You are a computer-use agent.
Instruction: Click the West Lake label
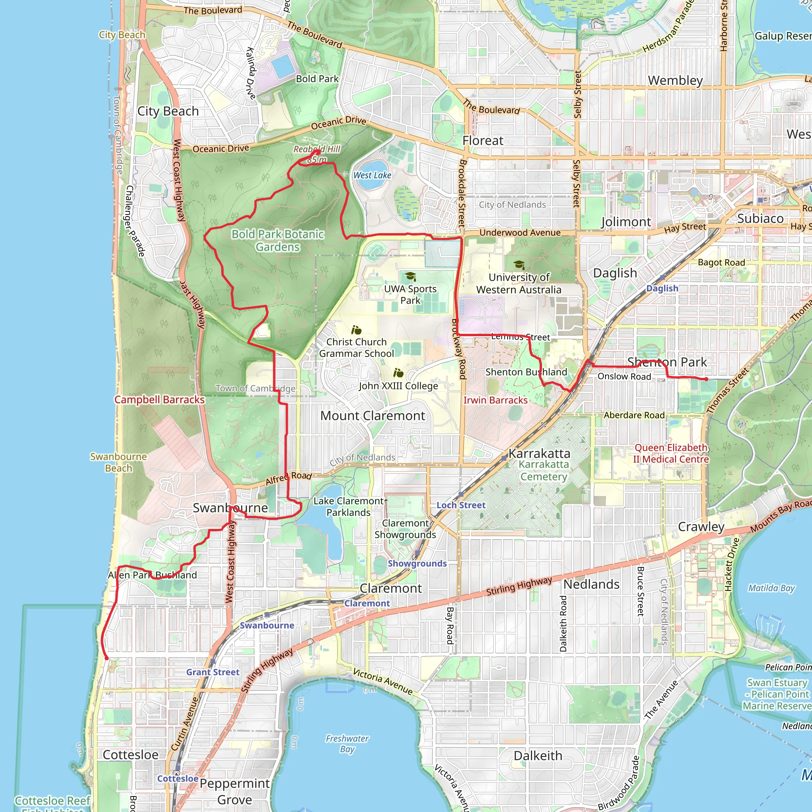click(x=372, y=175)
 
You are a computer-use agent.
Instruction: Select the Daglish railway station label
click(x=662, y=288)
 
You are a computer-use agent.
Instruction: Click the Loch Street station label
click(x=461, y=505)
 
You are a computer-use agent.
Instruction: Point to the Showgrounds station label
click(x=417, y=564)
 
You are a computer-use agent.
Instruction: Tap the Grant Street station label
click(x=213, y=672)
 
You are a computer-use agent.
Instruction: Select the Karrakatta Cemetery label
click(x=544, y=470)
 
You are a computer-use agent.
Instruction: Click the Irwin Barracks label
click(x=495, y=400)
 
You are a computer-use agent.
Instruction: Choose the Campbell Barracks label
click(x=159, y=400)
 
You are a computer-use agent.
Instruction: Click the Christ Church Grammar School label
click(x=356, y=348)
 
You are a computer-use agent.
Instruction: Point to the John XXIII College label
click(x=398, y=386)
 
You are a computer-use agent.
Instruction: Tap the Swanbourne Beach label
click(x=119, y=462)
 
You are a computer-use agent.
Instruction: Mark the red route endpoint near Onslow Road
click(x=706, y=379)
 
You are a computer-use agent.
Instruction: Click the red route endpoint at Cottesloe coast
click(x=107, y=659)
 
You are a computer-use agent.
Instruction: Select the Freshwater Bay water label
click(x=347, y=743)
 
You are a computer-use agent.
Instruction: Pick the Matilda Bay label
click(x=771, y=588)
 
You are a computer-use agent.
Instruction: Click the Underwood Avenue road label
click(x=520, y=233)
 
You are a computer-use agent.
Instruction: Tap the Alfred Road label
click(x=289, y=478)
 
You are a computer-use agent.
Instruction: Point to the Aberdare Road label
click(x=634, y=415)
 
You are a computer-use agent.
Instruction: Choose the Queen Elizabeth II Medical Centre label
click(x=671, y=454)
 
